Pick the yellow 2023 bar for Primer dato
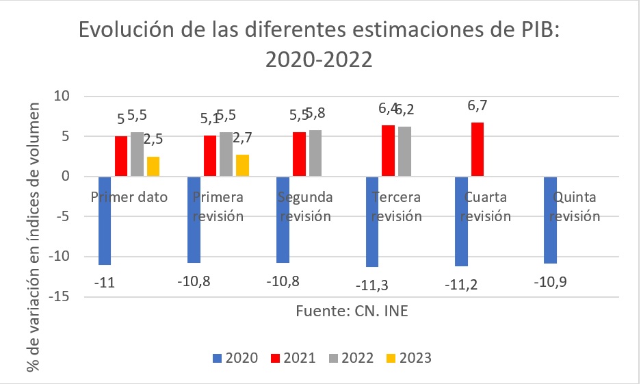[153, 166]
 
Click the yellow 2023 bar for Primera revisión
[241, 166]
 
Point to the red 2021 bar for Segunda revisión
[300, 154]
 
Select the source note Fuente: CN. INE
[352, 311]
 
